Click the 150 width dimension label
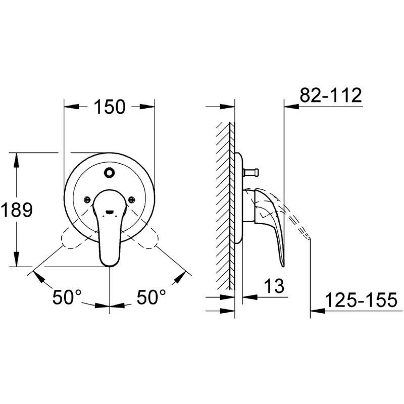[110, 107]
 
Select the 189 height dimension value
[17, 210]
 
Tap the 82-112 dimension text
[331, 95]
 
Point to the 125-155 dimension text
[361, 300]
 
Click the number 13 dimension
[274, 286]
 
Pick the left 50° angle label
[67, 297]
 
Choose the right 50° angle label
[151, 297]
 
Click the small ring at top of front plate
[109, 172]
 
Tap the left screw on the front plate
[87, 199]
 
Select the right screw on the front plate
[131, 199]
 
